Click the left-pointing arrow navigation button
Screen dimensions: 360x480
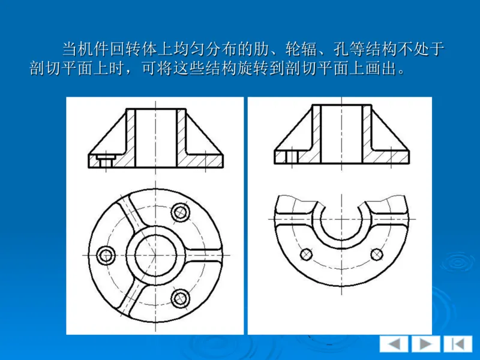[394, 344]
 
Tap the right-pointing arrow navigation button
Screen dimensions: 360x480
[426, 344]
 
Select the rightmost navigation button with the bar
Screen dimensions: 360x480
[458, 344]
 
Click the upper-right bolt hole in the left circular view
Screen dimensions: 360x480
[179, 212]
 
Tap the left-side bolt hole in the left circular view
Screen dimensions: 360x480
[107, 255]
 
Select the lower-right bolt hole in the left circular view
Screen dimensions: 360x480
[179, 297]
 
